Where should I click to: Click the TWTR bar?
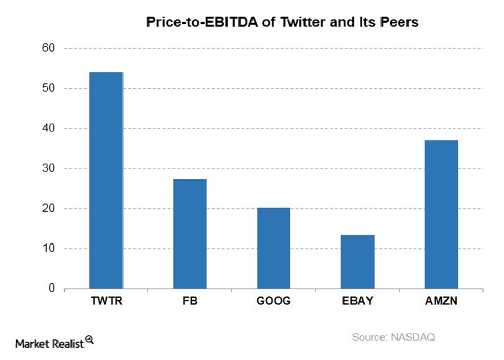pos(106,180)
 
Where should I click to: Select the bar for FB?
pos(190,234)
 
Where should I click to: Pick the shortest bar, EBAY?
pos(358,262)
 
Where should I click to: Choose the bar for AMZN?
pos(441,214)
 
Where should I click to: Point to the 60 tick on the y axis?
pos(49,48)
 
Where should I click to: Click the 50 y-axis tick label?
pos(49,88)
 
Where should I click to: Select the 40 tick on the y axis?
pos(49,128)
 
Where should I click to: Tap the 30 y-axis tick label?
pos(49,169)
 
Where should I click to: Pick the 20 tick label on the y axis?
pos(49,209)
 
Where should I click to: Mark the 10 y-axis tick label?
pos(49,249)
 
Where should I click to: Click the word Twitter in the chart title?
pos(271,23)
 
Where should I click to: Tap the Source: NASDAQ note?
pos(393,337)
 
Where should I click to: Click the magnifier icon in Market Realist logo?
pos(89,340)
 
